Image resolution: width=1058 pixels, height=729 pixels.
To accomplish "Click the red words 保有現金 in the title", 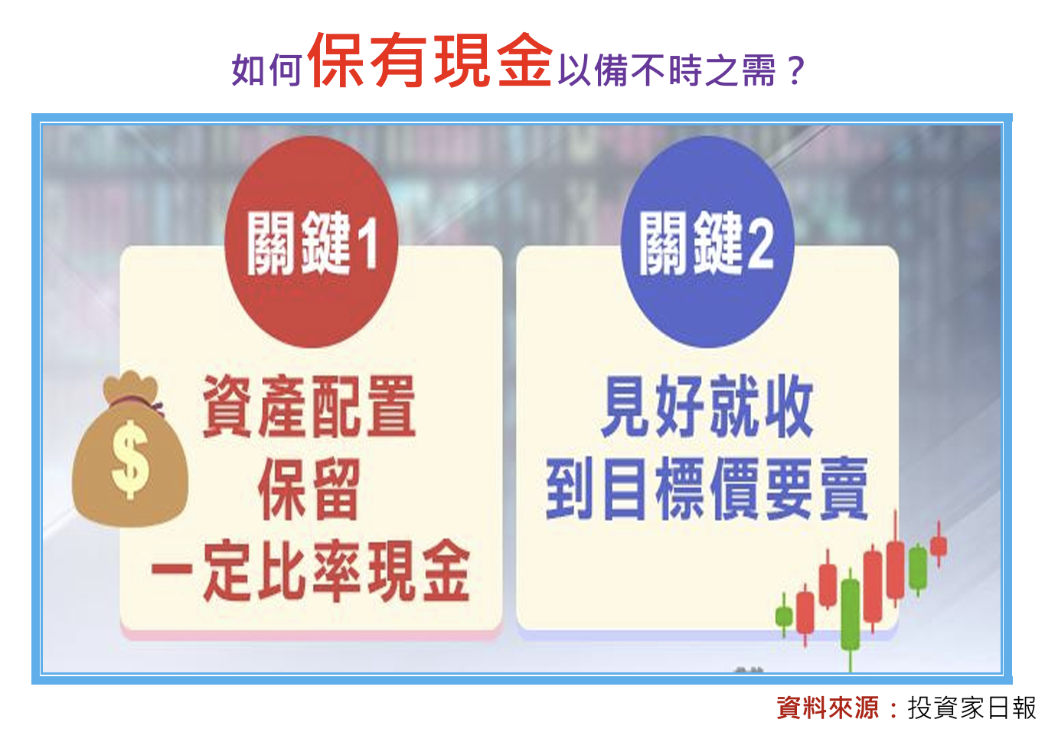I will tap(429, 61).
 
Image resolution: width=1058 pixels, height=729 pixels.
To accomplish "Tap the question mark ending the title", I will tap(795, 70).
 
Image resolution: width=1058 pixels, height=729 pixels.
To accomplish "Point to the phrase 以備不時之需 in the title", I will tap(666, 70).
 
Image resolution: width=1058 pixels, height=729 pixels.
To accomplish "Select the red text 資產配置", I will tap(309, 407).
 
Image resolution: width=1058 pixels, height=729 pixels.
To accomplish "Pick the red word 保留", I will tap(309, 490).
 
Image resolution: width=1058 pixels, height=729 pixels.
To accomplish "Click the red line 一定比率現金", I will tap(310, 571).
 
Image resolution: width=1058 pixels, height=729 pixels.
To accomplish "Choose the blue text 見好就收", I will tap(706, 407).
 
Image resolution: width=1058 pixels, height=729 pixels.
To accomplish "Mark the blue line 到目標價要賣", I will tap(706, 490).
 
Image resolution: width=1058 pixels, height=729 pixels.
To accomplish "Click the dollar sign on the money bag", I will tap(129, 459).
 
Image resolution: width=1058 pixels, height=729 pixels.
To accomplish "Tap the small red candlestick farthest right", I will tap(939, 545).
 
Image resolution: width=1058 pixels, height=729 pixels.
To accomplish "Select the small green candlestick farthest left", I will tap(783, 616).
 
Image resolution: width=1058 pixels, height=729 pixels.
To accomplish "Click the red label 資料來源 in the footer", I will tap(827, 708).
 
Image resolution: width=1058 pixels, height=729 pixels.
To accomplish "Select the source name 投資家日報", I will tap(971, 708).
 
